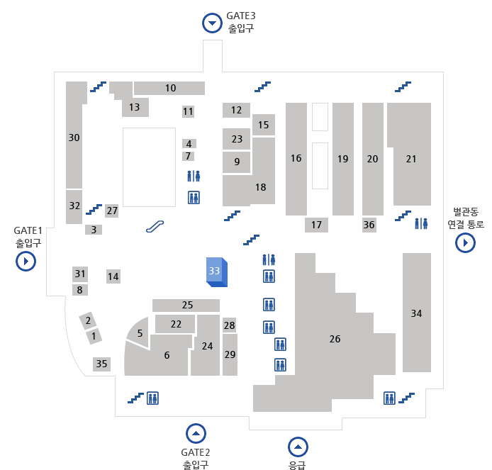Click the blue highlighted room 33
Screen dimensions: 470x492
coord(216,271)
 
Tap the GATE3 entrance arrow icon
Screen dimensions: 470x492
coord(212,23)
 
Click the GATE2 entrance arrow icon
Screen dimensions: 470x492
coord(196,432)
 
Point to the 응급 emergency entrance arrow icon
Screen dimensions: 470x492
coord(298,447)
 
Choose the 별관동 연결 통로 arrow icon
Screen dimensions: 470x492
coord(465,243)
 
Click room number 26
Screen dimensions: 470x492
coord(335,339)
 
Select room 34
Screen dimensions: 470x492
coord(416,313)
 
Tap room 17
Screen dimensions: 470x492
coord(316,225)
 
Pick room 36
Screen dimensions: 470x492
coord(369,225)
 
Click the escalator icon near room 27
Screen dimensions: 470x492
coord(155,226)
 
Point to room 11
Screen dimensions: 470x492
coord(188,111)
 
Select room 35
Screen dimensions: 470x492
coord(102,364)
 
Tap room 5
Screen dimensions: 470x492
coord(140,333)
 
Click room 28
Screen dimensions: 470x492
coord(229,325)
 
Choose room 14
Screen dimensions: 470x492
coord(113,276)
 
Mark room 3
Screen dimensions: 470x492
coord(94,230)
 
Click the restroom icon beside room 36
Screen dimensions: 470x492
coord(422,223)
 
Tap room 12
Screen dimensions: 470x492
coord(236,110)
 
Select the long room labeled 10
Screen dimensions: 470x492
coord(170,89)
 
